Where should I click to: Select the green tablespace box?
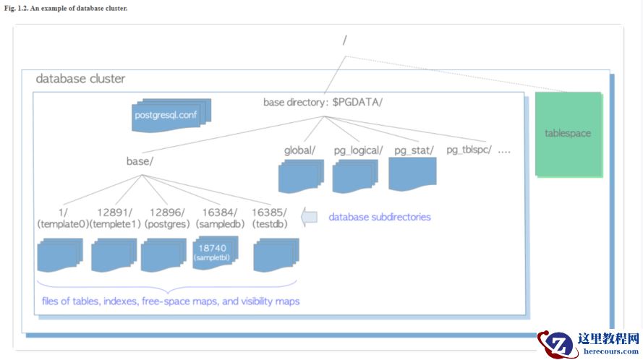point(569,134)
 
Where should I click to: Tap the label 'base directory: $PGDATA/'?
point(323,102)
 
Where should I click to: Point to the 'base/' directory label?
point(140,161)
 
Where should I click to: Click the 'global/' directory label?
point(300,150)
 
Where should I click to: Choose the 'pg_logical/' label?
point(356,150)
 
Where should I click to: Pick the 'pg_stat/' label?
point(414,150)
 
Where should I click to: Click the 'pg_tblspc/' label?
point(469,150)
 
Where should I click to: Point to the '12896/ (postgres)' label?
point(167,218)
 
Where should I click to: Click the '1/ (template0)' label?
point(62,218)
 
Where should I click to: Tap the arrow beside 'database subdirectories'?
point(310,217)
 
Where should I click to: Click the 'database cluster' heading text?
point(80,79)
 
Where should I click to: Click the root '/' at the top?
point(344,40)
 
